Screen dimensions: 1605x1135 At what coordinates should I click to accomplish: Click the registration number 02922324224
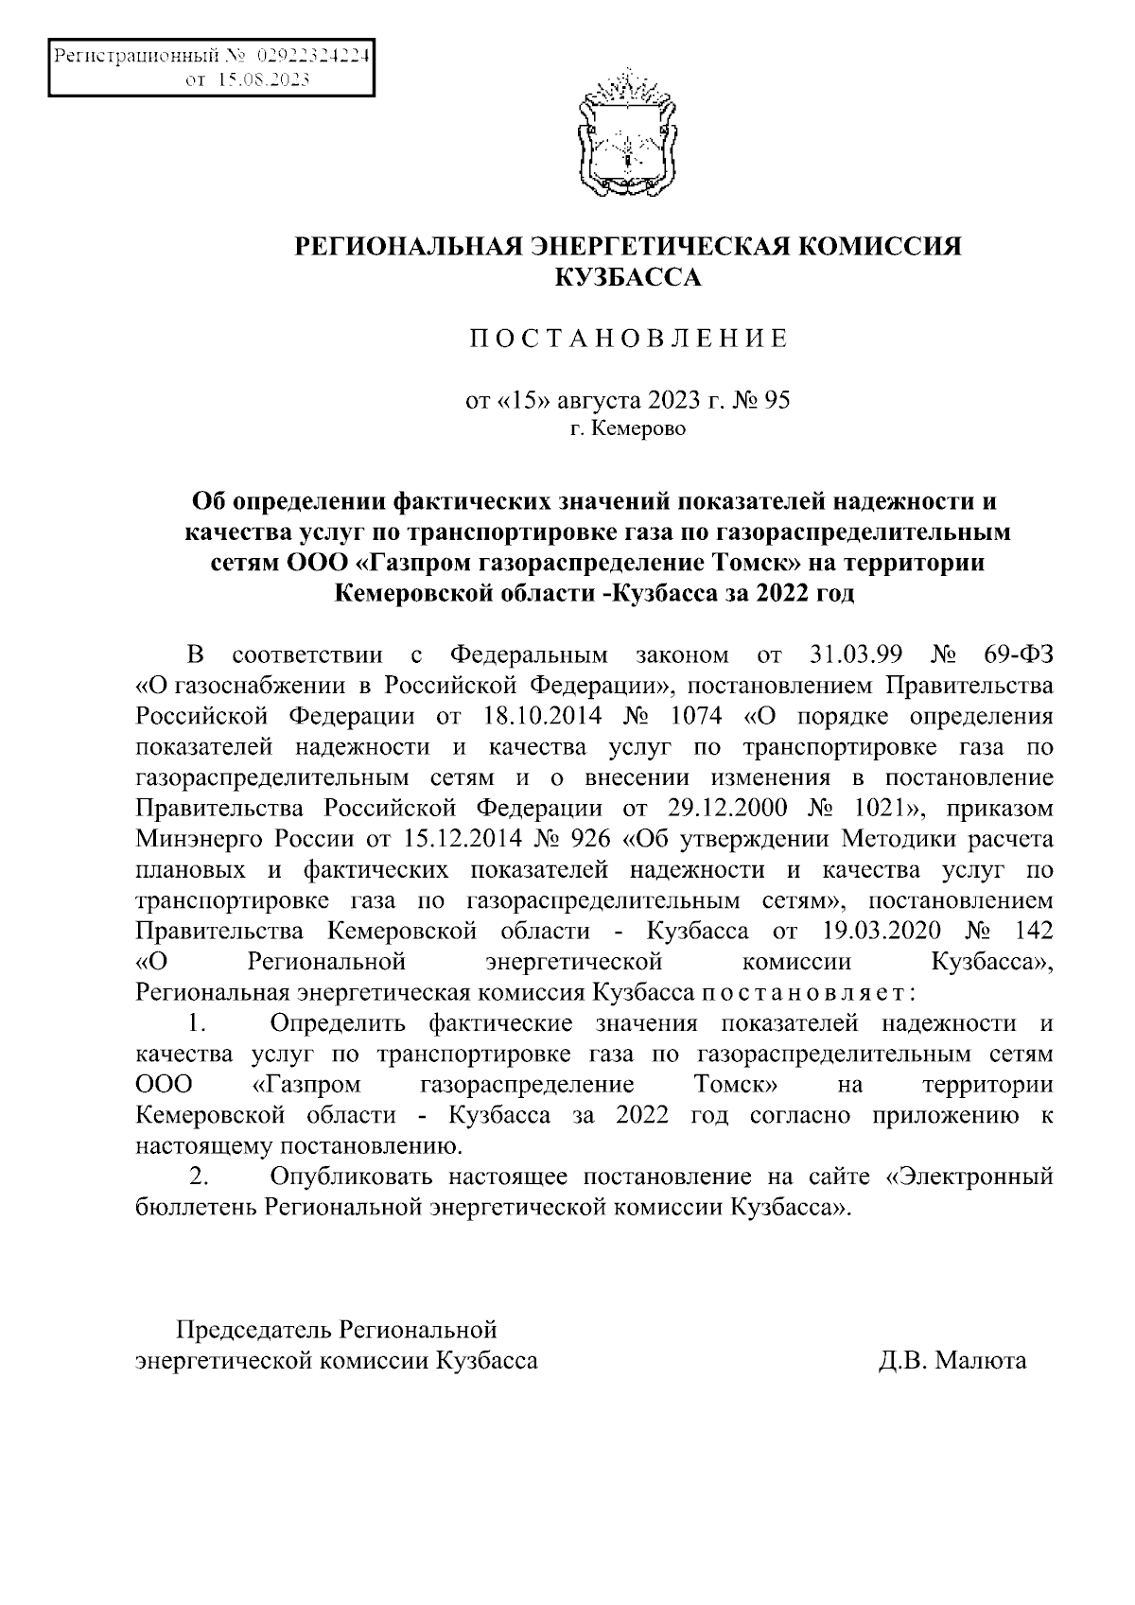click(311, 57)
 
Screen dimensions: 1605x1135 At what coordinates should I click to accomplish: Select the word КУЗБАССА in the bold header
click(628, 277)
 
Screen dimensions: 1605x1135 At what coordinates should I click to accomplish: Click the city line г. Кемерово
click(628, 429)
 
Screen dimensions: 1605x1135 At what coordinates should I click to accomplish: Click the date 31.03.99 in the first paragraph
click(858, 654)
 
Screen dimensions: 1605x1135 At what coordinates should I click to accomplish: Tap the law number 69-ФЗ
click(1015, 654)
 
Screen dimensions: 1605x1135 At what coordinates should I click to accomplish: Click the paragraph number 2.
click(200, 1178)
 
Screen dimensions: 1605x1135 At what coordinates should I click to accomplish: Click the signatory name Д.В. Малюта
click(952, 1361)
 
